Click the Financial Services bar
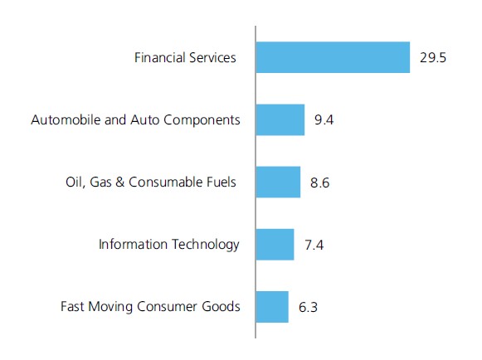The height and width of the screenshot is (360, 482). coord(333,57)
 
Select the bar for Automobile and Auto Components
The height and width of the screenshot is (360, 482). coord(280,120)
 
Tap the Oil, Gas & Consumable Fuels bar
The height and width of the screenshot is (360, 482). coord(278,182)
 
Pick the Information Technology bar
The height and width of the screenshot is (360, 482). coord(275,245)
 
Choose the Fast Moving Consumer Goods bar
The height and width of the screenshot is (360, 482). coord(272,307)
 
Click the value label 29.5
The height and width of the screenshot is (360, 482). coord(433,58)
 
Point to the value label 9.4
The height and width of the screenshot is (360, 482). coord(324,120)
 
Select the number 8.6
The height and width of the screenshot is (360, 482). coord(319,182)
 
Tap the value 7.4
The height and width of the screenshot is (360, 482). coord(314,245)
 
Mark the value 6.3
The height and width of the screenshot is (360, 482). coord(308,307)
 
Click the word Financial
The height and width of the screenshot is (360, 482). coord(159,57)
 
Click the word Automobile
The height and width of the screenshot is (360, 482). coord(66,119)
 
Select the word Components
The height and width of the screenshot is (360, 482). coord(202,120)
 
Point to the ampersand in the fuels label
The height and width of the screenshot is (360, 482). coord(120,182)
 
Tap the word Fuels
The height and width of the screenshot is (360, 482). coord(221,182)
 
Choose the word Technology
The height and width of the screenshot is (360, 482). coord(205,245)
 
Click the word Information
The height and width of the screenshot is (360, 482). coord(133,245)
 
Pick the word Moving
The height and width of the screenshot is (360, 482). coord(110,307)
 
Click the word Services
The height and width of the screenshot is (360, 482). coord(212,57)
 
